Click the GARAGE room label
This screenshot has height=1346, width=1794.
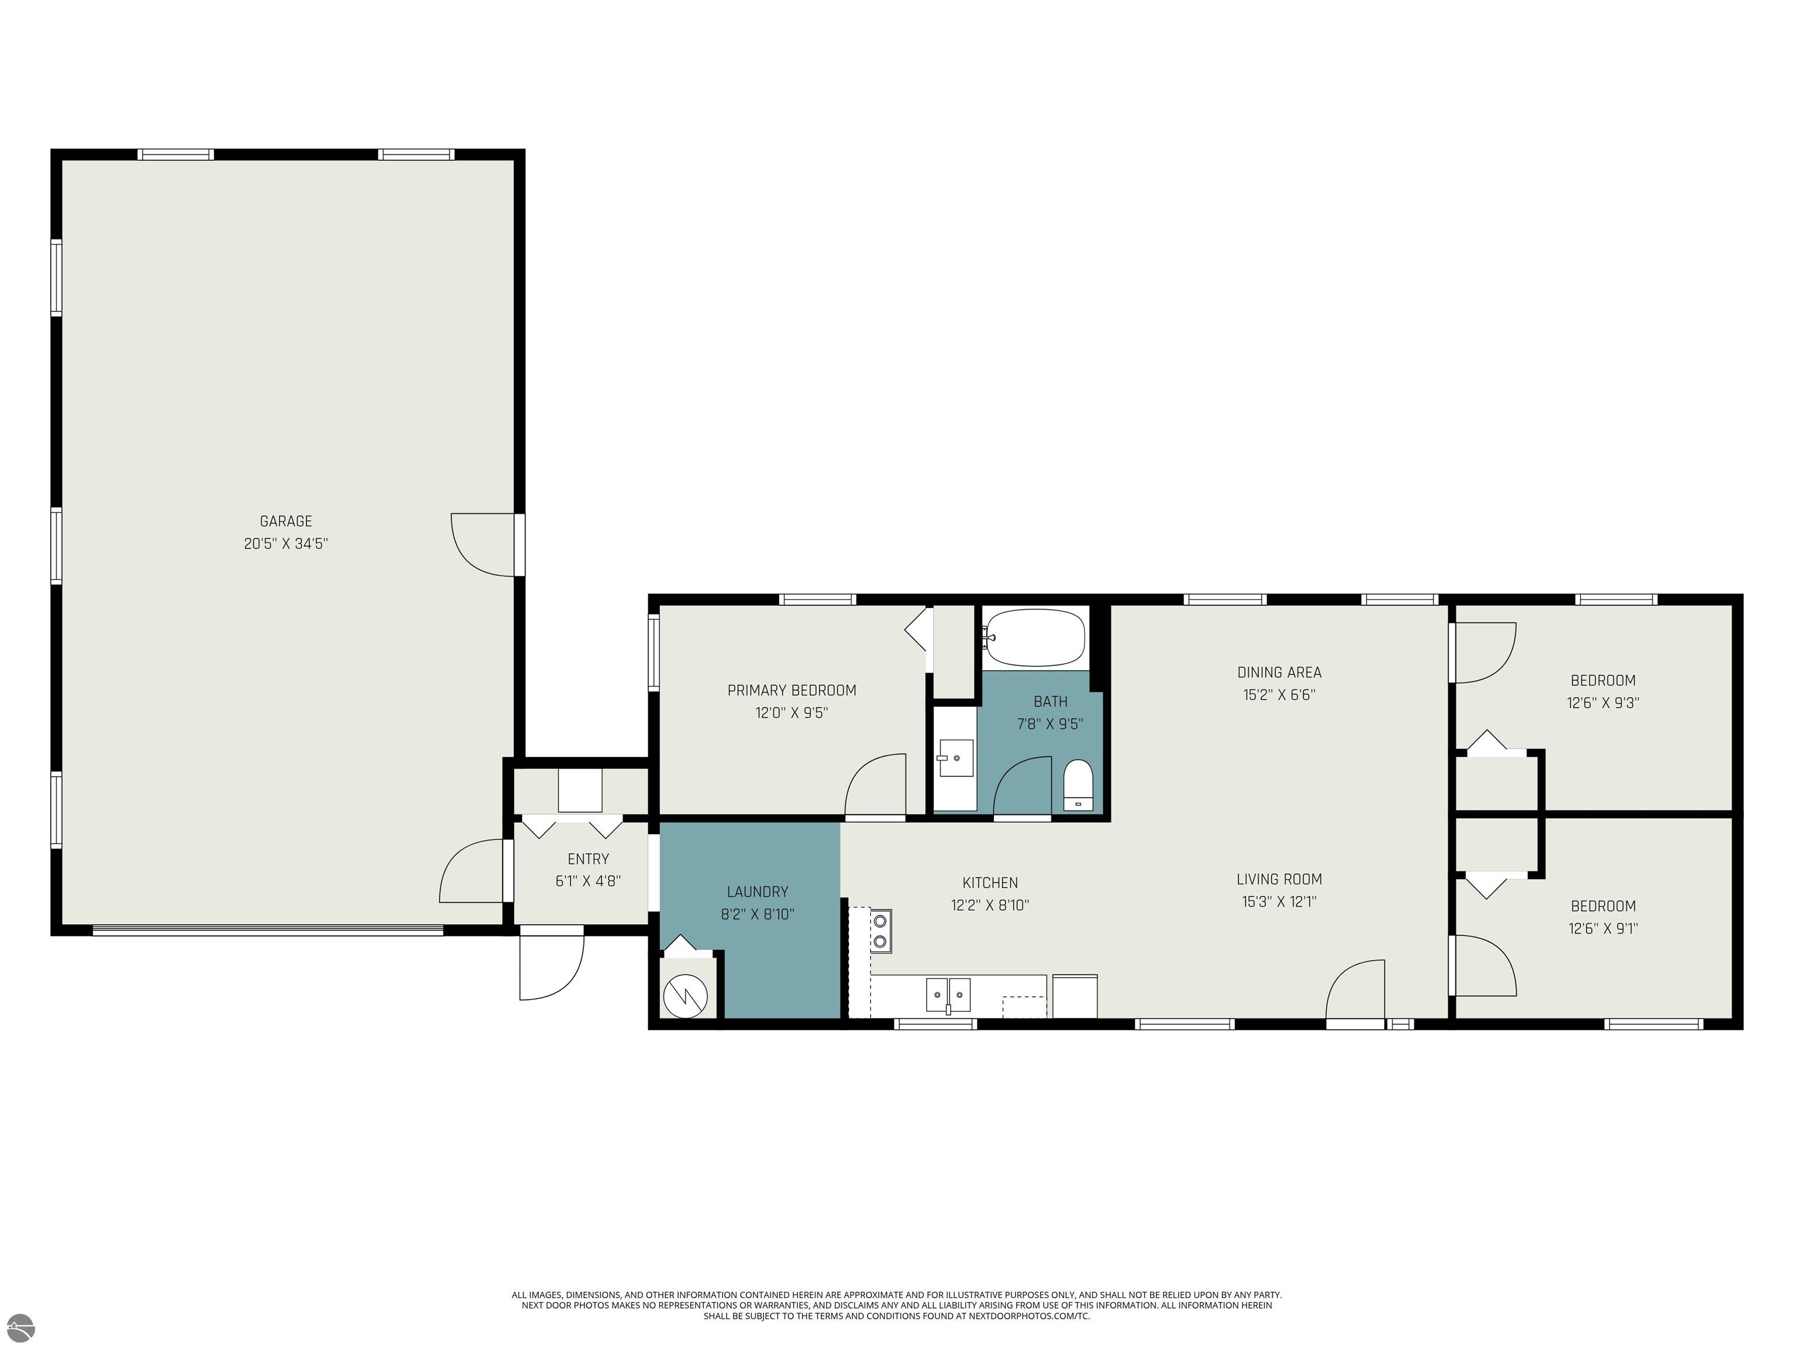286,522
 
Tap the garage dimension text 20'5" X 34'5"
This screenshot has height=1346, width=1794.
286,543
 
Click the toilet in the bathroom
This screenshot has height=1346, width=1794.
1078,785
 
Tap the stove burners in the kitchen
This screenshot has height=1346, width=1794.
880,931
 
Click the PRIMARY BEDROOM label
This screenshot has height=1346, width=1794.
791,691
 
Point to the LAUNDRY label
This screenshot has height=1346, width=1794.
757,891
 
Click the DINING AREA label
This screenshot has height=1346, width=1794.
1279,672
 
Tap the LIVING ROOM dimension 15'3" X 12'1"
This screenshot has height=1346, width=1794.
1279,901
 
